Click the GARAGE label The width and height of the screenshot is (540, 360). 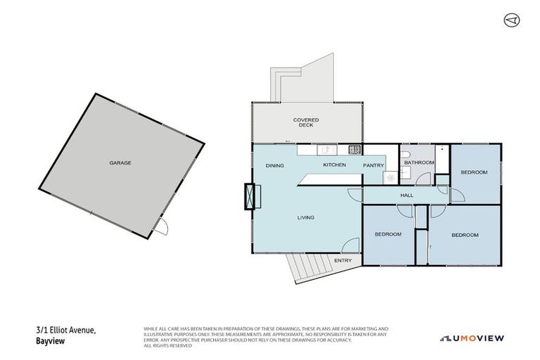coord(120,162)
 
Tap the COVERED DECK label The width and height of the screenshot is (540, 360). coord(306,122)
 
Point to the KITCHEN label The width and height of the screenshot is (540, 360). coord(334,165)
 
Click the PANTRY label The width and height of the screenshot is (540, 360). coord(373,165)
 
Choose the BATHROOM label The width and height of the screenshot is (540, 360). coord(419,162)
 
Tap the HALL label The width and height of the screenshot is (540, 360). coord(406,195)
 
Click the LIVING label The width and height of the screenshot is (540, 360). coord(305,217)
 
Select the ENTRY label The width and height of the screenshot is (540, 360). coord(343,260)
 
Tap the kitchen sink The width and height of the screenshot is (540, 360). coord(326,149)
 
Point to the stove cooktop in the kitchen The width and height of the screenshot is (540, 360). coord(355,149)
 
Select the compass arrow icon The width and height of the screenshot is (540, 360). coord(511,20)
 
